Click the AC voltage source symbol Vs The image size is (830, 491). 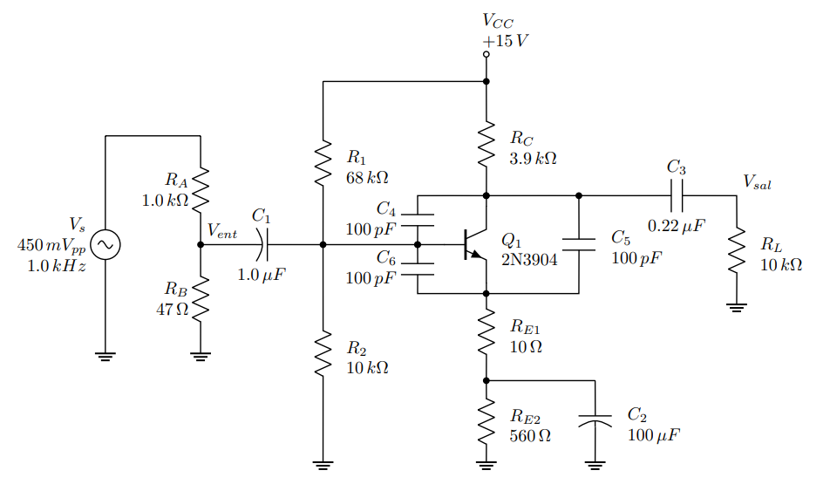pos(105,245)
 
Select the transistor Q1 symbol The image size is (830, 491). pos(475,245)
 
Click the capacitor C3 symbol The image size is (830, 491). pos(677,195)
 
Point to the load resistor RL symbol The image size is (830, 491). pos(737,250)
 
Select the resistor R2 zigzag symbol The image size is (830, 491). pos(323,353)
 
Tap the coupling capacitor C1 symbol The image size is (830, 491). pos(264,245)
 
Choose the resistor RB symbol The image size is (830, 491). pos(201,298)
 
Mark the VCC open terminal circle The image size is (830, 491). pos(486,55)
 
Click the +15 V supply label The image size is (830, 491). pos(505,40)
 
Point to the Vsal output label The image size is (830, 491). pos(756,182)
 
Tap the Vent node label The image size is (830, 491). pos(221,232)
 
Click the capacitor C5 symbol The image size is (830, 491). pos(579,244)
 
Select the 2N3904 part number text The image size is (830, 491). pos(529,258)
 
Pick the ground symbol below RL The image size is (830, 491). pos(737,306)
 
